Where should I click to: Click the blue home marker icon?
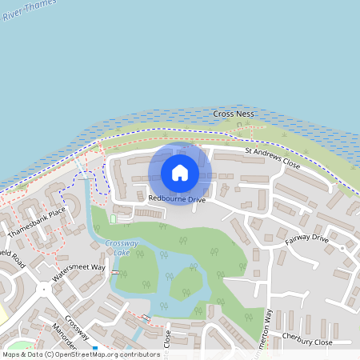coord(180,173)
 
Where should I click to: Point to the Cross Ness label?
coord(234,114)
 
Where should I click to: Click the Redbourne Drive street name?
coord(176,198)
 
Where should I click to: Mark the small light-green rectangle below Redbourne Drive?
coord(113,218)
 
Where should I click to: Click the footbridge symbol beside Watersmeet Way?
coord(115,273)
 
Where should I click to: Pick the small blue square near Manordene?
coord(94,348)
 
